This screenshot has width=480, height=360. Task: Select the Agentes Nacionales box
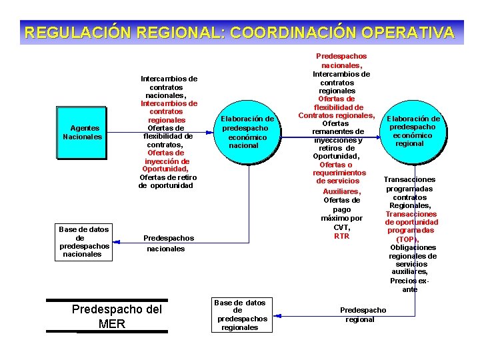(82, 133)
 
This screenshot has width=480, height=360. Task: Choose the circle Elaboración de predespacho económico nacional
(247, 131)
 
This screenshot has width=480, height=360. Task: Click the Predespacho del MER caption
(116, 317)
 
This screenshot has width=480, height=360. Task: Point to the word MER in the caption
(111, 324)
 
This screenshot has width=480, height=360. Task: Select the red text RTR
(341, 236)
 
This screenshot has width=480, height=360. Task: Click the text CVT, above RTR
(341, 227)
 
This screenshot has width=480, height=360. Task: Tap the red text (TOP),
(407, 239)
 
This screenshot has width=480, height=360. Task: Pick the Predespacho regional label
(363, 315)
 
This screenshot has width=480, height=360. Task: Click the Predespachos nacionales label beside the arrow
(169, 243)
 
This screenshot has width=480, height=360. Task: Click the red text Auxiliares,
(341, 191)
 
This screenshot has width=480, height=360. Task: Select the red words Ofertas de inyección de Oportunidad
(166, 161)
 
